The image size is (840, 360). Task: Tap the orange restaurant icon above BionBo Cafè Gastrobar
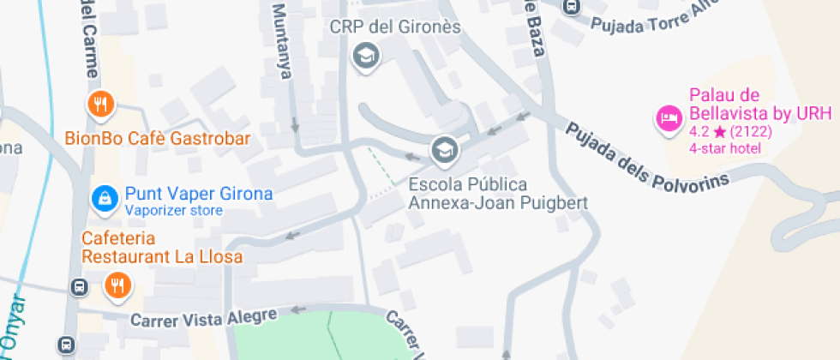click(101, 105)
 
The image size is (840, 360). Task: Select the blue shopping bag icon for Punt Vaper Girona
click(105, 198)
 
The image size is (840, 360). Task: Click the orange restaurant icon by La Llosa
click(117, 285)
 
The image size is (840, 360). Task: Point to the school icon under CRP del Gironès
click(367, 57)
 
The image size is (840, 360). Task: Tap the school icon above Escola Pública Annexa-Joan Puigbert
click(444, 152)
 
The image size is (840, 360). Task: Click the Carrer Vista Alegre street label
click(204, 319)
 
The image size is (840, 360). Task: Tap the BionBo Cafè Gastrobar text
click(158, 139)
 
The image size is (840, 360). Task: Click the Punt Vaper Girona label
click(199, 194)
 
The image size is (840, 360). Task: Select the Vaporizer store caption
click(174, 210)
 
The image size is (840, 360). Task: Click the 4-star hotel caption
click(725, 149)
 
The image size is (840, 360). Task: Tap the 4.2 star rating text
click(729, 132)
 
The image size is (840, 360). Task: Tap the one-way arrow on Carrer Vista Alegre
click(298, 310)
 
